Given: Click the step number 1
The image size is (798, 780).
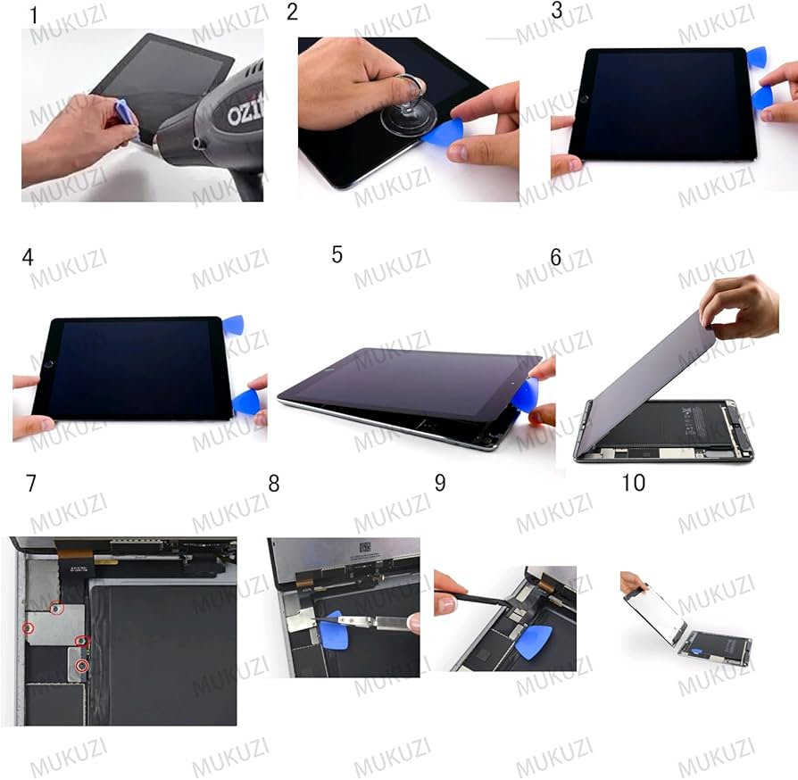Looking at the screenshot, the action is pyautogui.click(x=34, y=15).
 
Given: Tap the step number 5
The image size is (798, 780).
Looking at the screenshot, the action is pyautogui.click(x=337, y=255).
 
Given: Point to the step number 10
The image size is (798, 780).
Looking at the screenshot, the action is pyautogui.click(x=634, y=483).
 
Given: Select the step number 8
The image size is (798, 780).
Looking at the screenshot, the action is pyautogui.click(x=274, y=484).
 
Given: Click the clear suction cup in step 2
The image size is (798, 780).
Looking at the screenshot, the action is pyautogui.click(x=408, y=114).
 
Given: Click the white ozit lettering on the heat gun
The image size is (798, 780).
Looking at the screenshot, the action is pyautogui.click(x=245, y=108).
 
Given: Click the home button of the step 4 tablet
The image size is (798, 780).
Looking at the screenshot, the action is pyautogui.click(x=49, y=364).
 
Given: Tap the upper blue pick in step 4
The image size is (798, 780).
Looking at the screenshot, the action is pyautogui.click(x=233, y=325).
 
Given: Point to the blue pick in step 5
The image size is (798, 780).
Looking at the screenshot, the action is pyautogui.click(x=524, y=394).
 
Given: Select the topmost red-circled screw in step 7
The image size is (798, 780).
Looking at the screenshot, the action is pyautogui.click(x=56, y=608).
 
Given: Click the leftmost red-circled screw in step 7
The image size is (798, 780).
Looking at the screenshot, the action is pyautogui.click(x=29, y=629).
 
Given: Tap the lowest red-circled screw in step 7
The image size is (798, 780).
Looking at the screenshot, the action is pyautogui.click(x=81, y=666).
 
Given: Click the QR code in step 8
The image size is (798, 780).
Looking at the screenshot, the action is pyautogui.click(x=365, y=547).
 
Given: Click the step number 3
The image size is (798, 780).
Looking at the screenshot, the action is pyautogui.click(x=557, y=11).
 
